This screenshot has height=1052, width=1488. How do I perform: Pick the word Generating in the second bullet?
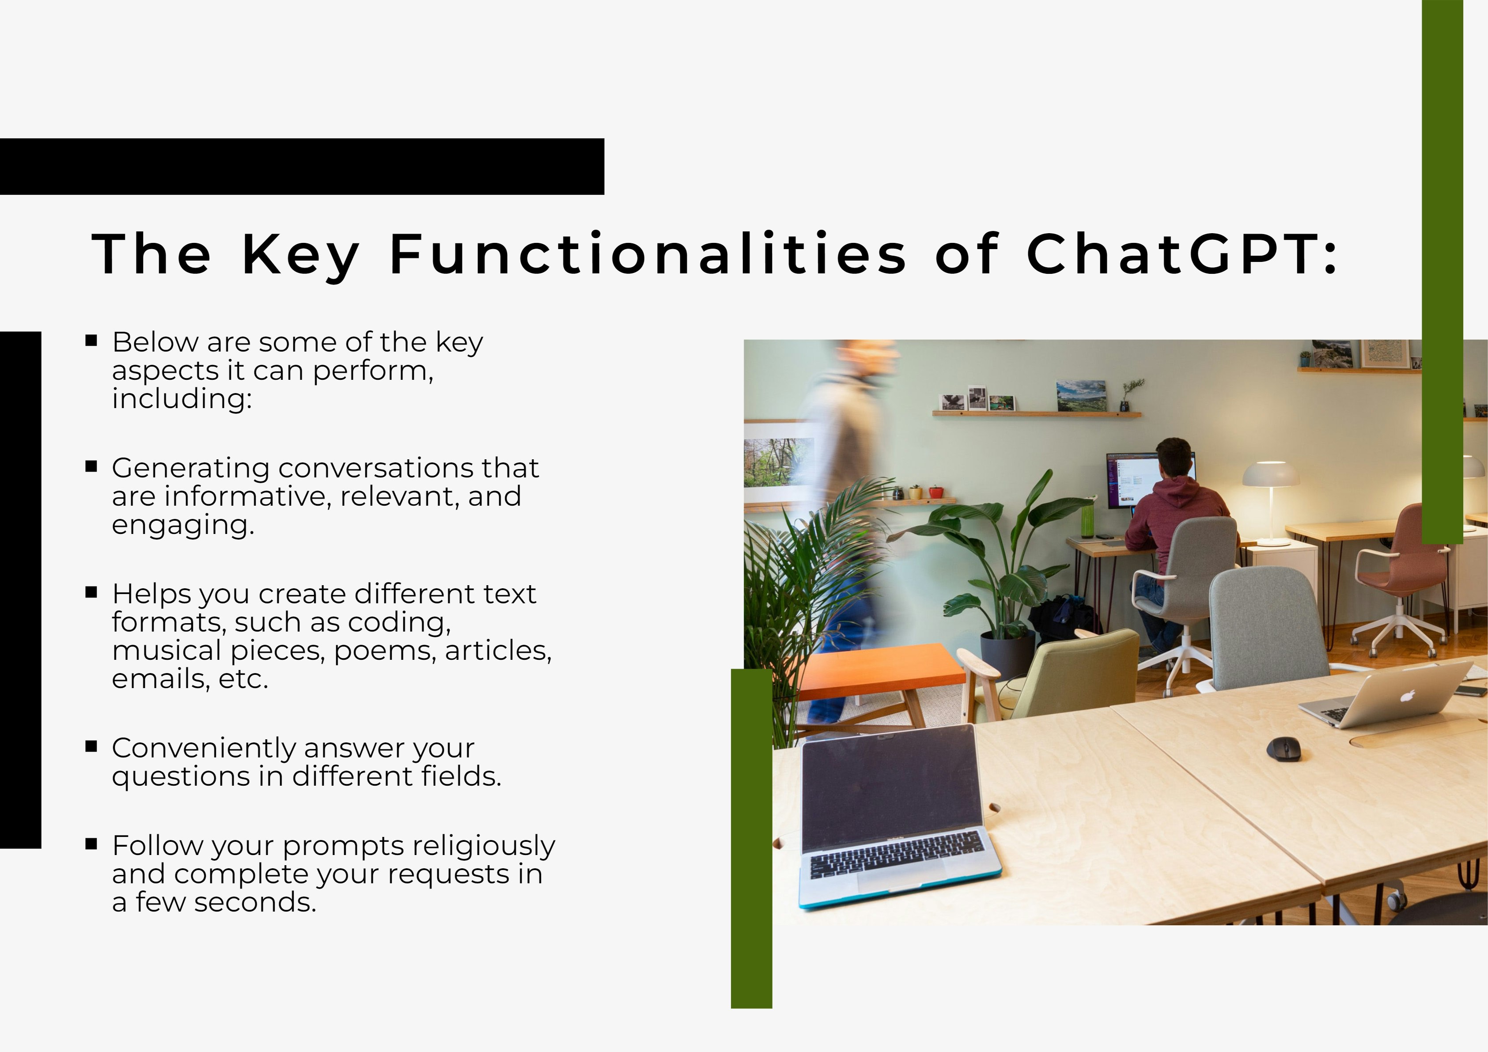click(x=190, y=468)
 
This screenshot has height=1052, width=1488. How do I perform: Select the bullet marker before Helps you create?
click(x=91, y=592)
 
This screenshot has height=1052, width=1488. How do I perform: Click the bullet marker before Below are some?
click(x=91, y=341)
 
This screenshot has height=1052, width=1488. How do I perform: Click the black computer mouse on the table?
click(x=1283, y=749)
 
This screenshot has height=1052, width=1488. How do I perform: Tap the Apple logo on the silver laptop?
click(x=1407, y=696)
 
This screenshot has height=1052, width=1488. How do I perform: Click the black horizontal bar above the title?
click(x=302, y=167)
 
